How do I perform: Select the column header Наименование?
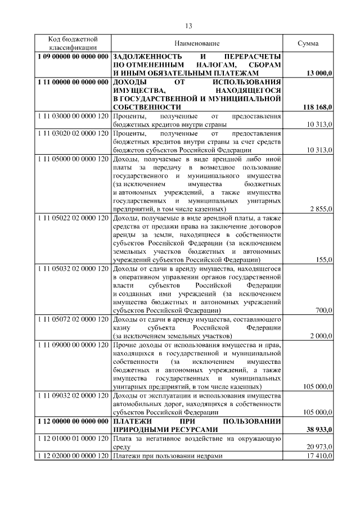pyautogui.click(x=197, y=43)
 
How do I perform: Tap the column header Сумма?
pyautogui.click(x=308, y=43)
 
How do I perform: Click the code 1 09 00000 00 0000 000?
pyautogui.click(x=73, y=57)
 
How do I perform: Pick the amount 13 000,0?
pyautogui.click(x=319, y=73)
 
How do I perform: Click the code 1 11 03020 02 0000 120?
pyautogui.click(x=73, y=134)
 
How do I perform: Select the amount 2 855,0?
pyautogui.click(x=322, y=209)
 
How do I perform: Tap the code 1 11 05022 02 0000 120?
pyautogui.click(x=73, y=218)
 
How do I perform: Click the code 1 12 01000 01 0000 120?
pyautogui.click(x=73, y=438)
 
